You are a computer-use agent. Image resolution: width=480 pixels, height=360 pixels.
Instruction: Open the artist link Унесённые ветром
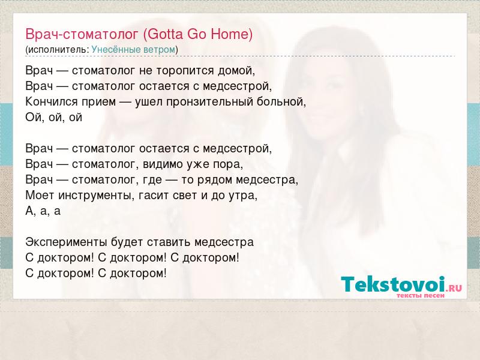pos(133,50)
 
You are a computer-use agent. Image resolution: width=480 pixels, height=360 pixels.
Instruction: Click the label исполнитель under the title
pos(57,50)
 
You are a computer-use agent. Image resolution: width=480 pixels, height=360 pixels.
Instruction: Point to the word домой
pos(236,71)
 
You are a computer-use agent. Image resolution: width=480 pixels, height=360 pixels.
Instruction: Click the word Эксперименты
pos(66,242)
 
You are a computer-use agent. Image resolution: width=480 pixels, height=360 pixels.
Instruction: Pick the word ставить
pos(169,242)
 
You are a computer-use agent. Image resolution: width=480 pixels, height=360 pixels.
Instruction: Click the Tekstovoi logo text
pos(393,284)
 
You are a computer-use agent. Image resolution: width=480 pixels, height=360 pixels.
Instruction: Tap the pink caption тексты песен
pos(421,295)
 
